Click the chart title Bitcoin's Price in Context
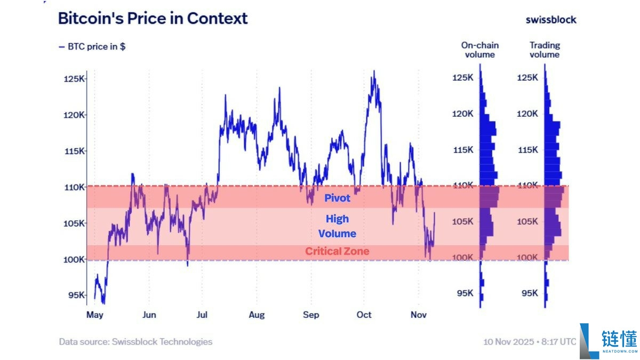coord(153,19)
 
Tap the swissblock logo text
coord(551,20)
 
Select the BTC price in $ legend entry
coord(92,46)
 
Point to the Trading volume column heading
coord(545,50)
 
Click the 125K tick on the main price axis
coord(74,79)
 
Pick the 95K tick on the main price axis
coord(76,295)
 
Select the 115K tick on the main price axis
coord(74,151)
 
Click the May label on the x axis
coord(94,315)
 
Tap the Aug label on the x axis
coord(257,315)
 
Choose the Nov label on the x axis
coord(419,315)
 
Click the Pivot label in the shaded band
coord(338,198)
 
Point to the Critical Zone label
coord(337,251)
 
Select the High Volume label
coord(337,226)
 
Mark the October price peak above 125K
coord(374,71)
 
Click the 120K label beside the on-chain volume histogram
coord(463,114)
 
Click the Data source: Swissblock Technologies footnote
coord(135,342)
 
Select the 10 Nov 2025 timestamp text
coord(530,341)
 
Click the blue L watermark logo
coord(588,340)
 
